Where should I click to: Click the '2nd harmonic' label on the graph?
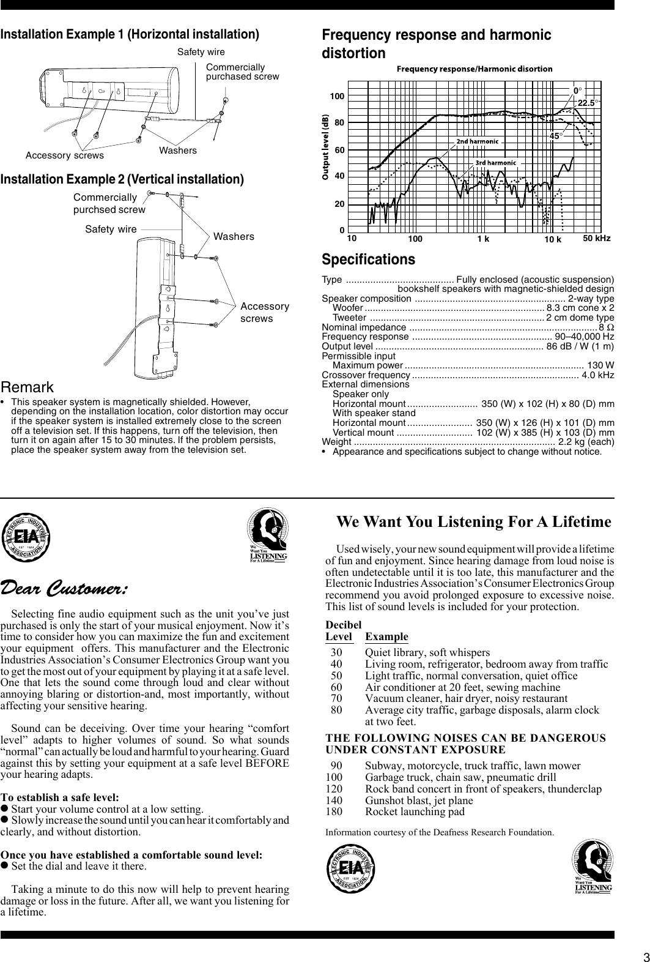pos(477,141)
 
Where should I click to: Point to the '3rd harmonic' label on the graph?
pos(496,163)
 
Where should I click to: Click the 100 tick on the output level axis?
pos(337,97)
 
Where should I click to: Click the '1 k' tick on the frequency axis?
pos(483,239)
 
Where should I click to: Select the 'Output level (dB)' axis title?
pos(327,147)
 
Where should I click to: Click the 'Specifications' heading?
pos(368,259)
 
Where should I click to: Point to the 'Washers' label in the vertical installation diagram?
pos(234,236)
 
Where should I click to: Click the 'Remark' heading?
pos(27,387)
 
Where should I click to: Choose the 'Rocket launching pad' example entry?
pos(415,812)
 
